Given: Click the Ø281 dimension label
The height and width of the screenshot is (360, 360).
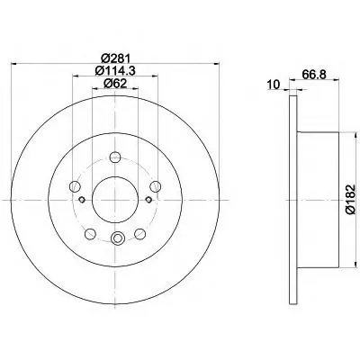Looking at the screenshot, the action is point(115,58).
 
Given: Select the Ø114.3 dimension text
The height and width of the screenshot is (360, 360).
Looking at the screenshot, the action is point(115,70).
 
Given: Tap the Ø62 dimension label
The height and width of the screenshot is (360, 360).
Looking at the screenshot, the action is point(115,84).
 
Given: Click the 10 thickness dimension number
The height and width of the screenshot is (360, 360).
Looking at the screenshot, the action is point(274,85).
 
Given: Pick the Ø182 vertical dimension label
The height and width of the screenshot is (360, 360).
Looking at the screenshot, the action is point(350,200).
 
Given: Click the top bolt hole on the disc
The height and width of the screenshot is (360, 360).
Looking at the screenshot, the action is point(115,157).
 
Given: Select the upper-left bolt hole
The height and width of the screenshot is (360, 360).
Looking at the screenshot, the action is point(75,186).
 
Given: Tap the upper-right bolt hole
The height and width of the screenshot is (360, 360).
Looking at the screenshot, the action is point(156,186).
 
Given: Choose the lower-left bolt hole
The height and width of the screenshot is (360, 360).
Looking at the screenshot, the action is point(90,234).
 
